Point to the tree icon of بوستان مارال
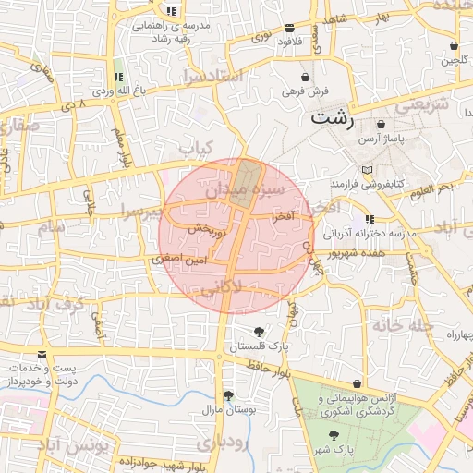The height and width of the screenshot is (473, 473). (228, 394)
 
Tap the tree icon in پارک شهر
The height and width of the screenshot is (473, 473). (333, 434)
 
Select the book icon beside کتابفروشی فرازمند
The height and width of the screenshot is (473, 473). (369, 170)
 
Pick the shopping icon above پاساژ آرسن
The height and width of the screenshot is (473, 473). (381, 124)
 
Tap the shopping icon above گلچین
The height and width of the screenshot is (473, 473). (454, 46)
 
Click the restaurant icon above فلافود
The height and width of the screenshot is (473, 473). (290, 28)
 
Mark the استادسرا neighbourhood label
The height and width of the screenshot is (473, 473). (212, 75)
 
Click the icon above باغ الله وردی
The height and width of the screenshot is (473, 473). (118, 77)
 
